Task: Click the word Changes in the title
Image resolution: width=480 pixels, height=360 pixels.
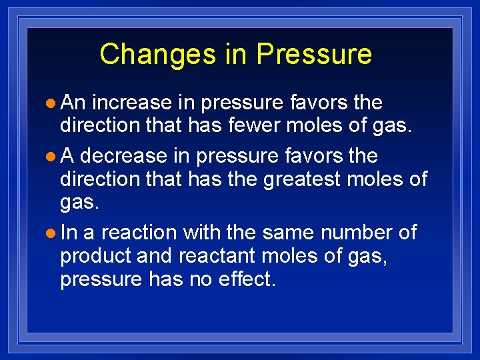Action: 158,54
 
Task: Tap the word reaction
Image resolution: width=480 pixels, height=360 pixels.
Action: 139,233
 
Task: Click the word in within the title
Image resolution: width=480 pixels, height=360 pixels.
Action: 236,54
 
